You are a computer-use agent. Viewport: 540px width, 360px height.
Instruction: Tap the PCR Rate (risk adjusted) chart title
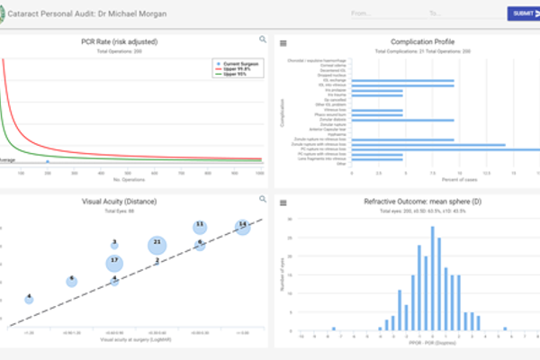point(133,42)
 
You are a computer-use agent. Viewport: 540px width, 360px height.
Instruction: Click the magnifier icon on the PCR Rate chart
point(263,40)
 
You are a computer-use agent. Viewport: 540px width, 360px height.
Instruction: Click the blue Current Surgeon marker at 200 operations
point(48,162)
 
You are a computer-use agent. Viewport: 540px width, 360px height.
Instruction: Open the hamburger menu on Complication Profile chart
point(282,43)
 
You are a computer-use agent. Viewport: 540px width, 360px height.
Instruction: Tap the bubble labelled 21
point(157,244)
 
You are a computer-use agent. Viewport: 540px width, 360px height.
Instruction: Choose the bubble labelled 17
point(114,262)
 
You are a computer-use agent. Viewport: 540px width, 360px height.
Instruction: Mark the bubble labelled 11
point(200,224)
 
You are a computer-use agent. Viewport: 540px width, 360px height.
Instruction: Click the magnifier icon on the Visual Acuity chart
point(263,199)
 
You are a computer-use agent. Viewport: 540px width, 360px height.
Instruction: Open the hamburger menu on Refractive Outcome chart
point(282,202)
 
